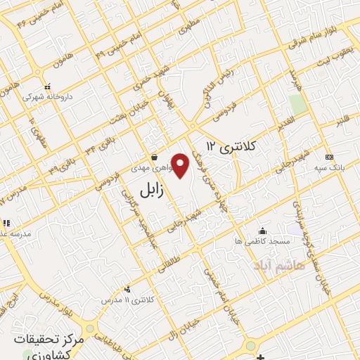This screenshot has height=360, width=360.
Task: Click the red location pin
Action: coord(181,165)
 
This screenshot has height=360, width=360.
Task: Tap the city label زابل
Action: coord(151,190)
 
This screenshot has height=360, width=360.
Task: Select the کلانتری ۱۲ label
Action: coord(229,146)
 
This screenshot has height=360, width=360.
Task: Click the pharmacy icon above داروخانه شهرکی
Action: coord(48,87)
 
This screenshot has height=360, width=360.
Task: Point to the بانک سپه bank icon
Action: coord(328,155)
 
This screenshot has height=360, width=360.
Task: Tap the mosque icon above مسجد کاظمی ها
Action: coord(262,231)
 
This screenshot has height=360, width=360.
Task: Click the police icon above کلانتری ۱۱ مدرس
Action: coord(127,288)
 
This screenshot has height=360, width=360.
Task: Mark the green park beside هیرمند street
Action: coord(298,104)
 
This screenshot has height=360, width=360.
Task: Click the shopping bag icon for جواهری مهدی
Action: coord(154,157)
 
